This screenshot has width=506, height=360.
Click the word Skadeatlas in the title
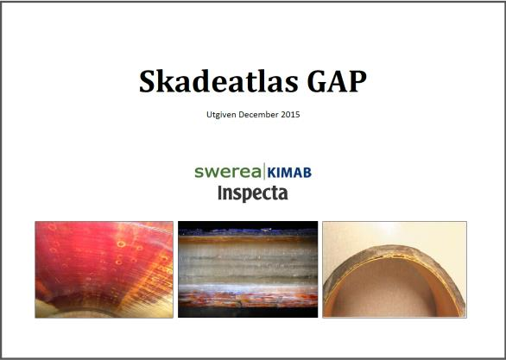pyautogui.click(x=218, y=81)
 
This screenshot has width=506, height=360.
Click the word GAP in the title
pyautogui.click(x=337, y=81)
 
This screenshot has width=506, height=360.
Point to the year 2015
pyautogui.click(x=290, y=115)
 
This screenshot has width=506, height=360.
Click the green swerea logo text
pyautogui.click(x=227, y=172)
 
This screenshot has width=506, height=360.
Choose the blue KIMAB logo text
pyautogui.click(x=289, y=173)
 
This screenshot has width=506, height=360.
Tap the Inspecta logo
pyautogui.click(x=253, y=193)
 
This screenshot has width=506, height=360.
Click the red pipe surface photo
pyautogui.click(x=104, y=269)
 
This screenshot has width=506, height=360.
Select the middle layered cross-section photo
pyautogui.click(x=248, y=269)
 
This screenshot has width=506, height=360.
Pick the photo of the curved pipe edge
pyautogui.click(x=395, y=269)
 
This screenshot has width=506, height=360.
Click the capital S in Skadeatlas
pyautogui.click(x=149, y=81)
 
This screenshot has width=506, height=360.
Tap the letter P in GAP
pyautogui.click(x=357, y=81)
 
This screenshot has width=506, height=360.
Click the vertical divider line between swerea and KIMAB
pyautogui.click(x=264, y=171)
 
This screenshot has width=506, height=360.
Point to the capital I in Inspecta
pyautogui.click(x=221, y=193)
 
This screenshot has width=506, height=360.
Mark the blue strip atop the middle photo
pyautogui.click(x=248, y=232)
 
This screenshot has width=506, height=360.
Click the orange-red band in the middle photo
pyautogui.click(x=248, y=299)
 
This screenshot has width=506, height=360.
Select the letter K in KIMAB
pyautogui.click(x=271, y=173)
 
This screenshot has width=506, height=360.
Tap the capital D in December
pyautogui.click(x=242, y=115)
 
